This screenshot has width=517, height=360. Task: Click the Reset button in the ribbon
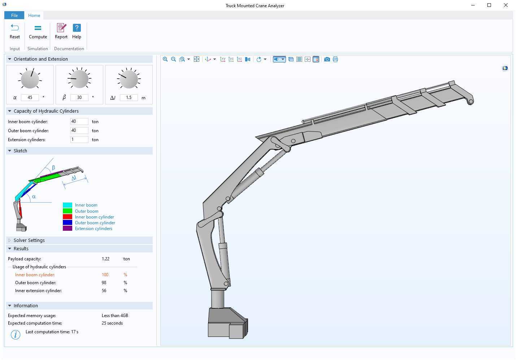pos(15,31)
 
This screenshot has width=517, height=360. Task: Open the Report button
pos(61,31)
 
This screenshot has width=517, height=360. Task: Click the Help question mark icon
pos(77,28)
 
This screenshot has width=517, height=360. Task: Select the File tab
pos(14,16)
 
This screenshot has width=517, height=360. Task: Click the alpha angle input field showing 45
pos(30,97)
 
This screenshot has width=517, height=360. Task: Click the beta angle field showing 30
pos(79,97)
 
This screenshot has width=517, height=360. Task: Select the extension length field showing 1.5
pos(129,97)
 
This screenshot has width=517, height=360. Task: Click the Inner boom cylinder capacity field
pos(79,122)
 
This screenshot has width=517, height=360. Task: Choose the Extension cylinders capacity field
pos(79,140)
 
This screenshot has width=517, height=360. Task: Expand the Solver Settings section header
pos(29,240)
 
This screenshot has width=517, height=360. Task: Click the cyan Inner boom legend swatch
pos(68,205)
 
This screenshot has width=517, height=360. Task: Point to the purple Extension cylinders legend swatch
pos(68,229)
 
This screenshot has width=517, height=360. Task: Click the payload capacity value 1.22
pos(105,259)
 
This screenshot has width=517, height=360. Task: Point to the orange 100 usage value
pos(105,275)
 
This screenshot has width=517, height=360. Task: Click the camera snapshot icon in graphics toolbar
pos(327,59)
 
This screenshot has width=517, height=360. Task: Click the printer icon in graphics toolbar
pos(335,59)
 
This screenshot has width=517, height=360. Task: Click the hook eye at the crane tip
pos(470,102)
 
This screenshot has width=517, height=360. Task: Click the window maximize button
pos(489,5)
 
